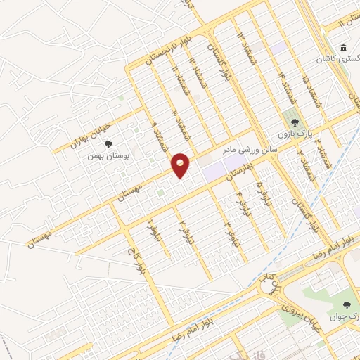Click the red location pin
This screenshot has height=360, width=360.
coord(181,165)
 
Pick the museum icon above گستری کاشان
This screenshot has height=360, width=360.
coord(343,48)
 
